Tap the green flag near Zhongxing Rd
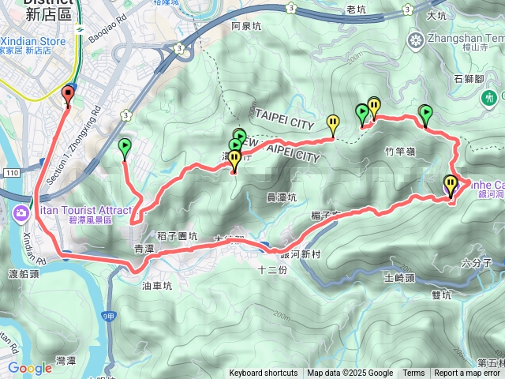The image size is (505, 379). click(125, 147)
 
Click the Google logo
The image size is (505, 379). click(29, 368)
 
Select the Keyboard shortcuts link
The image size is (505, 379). click(264, 373)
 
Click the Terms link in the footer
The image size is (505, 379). click(413, 373)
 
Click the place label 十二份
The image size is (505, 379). click(271, 269)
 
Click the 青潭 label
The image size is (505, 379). click(145, 248)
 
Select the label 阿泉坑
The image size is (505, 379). click(245, 26)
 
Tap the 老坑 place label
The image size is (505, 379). click(357, 9)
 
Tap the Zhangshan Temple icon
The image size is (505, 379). click(416, 39)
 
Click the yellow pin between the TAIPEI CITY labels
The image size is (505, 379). click(333, 123)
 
